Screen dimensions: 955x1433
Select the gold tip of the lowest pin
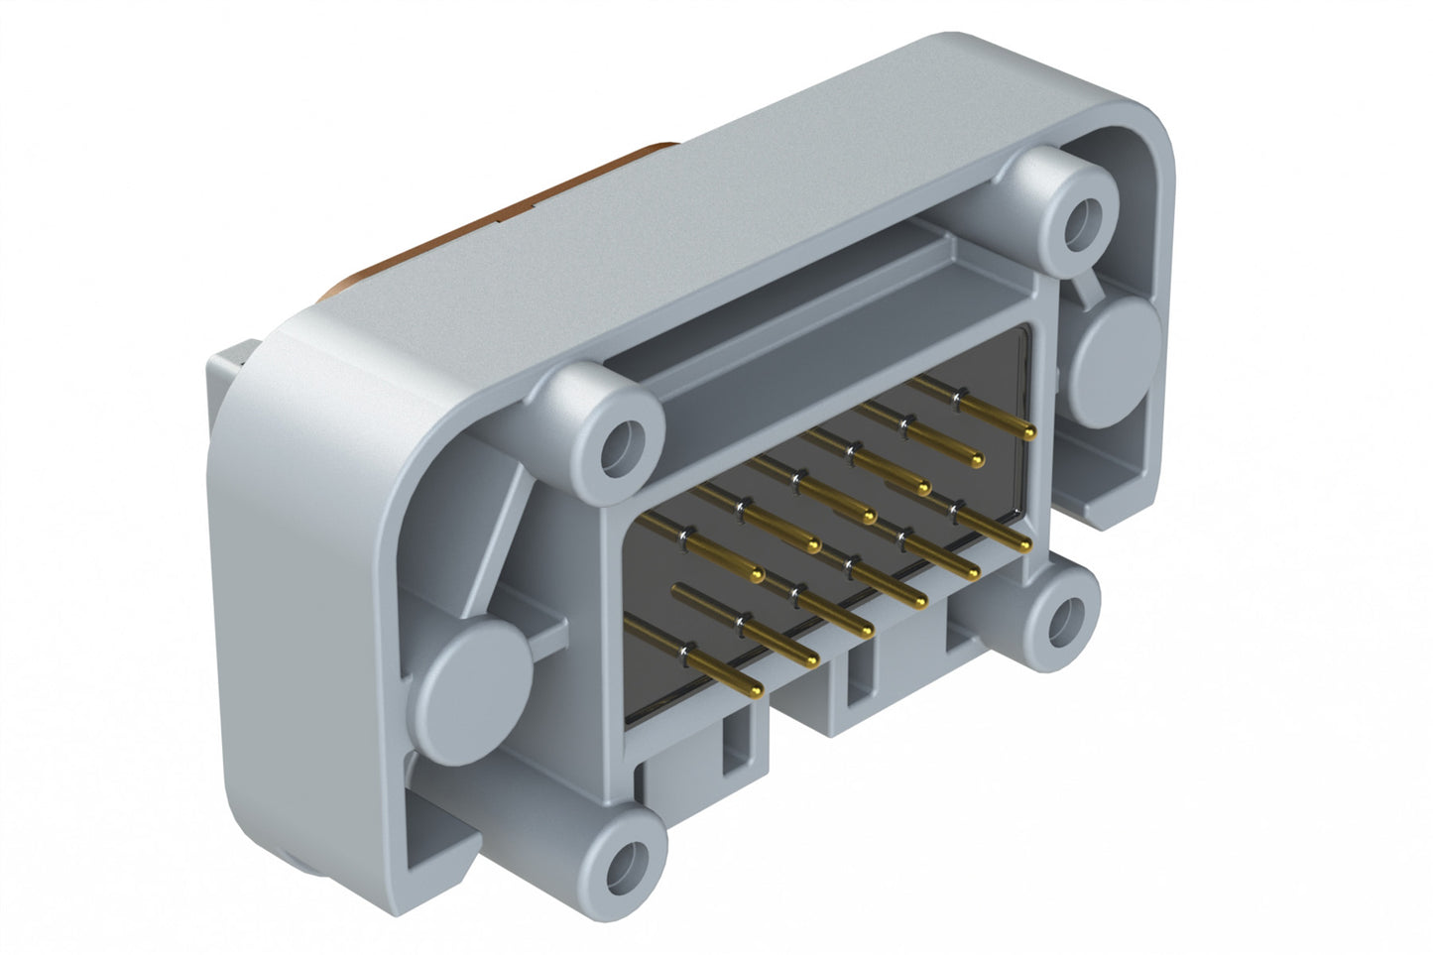click(755, 688)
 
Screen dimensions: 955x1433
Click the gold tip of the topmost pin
click(1028, 432)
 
